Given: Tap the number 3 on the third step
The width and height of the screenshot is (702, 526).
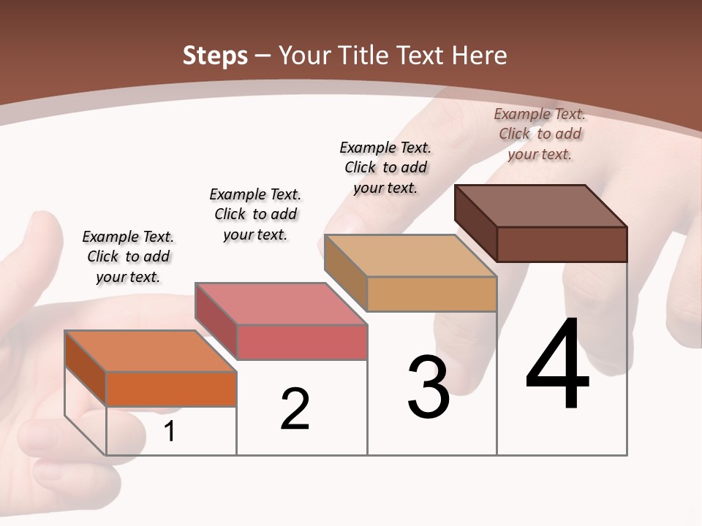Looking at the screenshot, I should pos(429,386).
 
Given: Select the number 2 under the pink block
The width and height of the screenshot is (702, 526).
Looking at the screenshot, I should pos(295,409).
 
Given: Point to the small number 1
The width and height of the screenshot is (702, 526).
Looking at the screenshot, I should pos(170,432).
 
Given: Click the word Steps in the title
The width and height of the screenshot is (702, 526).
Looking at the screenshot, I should pos(215,56).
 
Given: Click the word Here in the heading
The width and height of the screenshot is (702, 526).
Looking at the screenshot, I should pos(480,56).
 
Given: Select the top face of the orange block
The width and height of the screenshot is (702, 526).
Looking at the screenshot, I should pos(151,351).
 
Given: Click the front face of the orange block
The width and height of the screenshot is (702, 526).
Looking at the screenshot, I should pos(171,389).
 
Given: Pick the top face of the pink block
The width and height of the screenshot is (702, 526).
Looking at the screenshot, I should pos(281,304).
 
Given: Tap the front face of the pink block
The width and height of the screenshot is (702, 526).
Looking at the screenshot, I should pos(301,342).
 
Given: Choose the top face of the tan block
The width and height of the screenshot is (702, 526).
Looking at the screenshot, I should pos(411,256).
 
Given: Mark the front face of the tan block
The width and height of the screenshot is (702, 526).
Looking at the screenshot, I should pos(431,294).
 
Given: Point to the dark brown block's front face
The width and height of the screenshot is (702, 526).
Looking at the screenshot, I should pos(562,244).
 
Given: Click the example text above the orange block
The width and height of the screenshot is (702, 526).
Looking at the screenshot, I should pos(128,256).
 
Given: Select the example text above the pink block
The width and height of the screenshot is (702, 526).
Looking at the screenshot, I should pos(255,214).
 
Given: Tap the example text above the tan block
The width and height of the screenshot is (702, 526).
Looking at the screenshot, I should pos(385,167).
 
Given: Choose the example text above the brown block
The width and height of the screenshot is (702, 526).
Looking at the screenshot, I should pos(540,134).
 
